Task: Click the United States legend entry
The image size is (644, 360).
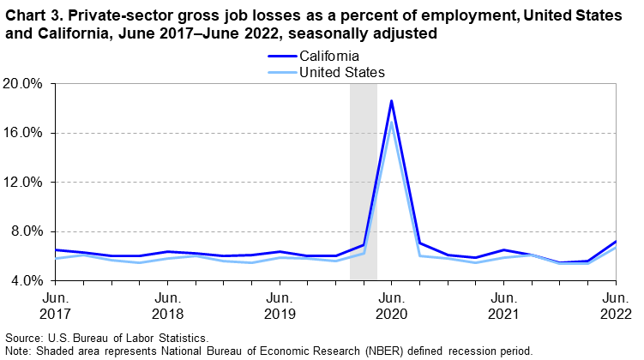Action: pos(340,72)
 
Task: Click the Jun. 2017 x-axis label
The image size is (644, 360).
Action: pos(55,304)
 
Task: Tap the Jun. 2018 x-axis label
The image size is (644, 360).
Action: pos(167,304)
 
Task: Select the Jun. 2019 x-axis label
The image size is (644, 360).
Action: pos(280,304)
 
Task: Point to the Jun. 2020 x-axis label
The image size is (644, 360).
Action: pos(391,304)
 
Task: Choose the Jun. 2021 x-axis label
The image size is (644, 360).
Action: pos(503,304)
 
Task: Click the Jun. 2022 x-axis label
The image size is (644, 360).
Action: pos(615,304)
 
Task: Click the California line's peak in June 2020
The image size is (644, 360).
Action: pos(391,101)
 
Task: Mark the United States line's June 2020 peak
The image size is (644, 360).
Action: pos(391,122)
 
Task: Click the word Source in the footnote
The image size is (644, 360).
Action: pos(22,339)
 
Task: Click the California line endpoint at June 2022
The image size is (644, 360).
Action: pos(615,242)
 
